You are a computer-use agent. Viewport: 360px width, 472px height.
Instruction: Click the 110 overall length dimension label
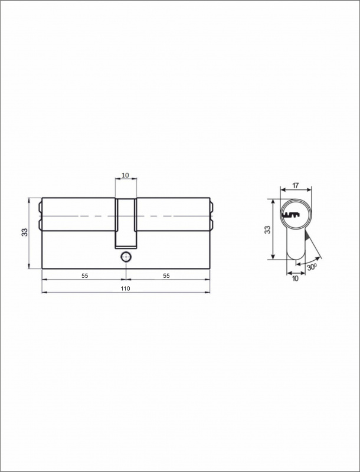click(125, 289)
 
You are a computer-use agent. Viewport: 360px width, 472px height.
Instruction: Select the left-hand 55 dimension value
click(85, 276)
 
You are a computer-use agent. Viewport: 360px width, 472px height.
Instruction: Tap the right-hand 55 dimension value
click(166, 276)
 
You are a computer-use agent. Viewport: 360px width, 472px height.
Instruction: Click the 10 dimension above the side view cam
click(126, 175)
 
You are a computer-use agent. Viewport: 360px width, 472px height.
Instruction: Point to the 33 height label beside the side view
click(24, 232)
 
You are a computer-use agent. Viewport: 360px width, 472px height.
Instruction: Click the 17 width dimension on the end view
click(296, 185)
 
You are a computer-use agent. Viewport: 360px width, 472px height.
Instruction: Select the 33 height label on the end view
click(267, 230)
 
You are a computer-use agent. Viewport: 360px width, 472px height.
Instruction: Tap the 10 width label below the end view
click(295, 278)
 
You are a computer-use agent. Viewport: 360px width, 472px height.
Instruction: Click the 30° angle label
click(312, 267)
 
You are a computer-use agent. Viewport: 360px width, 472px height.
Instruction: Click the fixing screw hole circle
click(126, 257)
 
